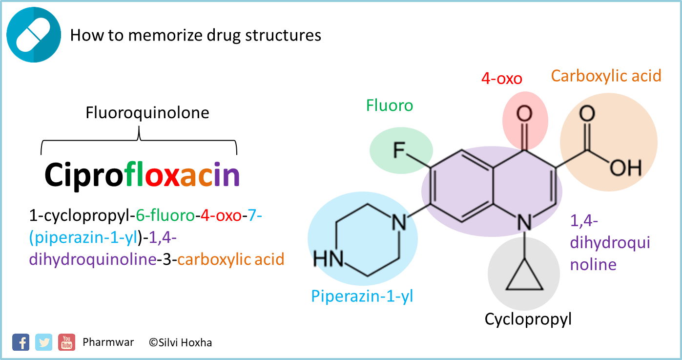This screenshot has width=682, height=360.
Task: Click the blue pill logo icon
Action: pyautogui.click(x=34, y=35)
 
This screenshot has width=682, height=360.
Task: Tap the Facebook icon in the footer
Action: pyautogui.click(x=21, y=342)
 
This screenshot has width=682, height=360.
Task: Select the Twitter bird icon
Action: pyautogui.click(x=44, y=342)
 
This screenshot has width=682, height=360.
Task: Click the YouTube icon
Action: pyautogui.click(x=66, y=342)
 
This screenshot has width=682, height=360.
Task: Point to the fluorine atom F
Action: pyautogui.click(x=399, y=151)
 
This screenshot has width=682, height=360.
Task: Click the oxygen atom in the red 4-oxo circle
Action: pyautogui.click(x=524, y=114)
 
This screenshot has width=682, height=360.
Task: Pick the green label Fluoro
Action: pyautogui.click(x=389, y=106)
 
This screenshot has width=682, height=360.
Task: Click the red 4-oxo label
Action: pyautogui.click(x=501, y=79)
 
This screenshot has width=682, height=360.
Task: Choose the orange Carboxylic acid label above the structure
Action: pyautogui.click(x=606, y=76)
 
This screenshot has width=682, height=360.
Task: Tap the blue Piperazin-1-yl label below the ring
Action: pyautogui.click(x=362, y=296)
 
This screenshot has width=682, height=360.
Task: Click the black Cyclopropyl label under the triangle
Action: pyautogui.click(x=528, y=319)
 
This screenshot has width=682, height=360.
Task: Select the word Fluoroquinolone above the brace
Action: pyautogui.click(x=147, y=113)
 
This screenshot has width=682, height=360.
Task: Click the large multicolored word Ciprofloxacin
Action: pyautogui.click(x=142, y=174)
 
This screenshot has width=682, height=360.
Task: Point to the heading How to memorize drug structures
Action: pyautogui.click(x=196, y=35)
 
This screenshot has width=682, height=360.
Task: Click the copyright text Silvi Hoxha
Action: pyautogui.click(x=181, y=342)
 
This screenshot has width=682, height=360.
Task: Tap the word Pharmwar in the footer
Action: pyautogui.click(x=108, y=342)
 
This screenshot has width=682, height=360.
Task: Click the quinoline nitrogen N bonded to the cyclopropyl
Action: pyautogui.click(x=524, y=223)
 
